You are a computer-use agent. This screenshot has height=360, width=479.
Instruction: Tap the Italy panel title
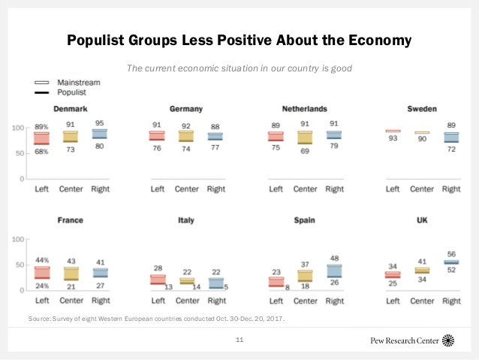pos(186,220)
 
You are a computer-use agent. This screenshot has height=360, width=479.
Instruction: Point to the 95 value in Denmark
pos(99,123)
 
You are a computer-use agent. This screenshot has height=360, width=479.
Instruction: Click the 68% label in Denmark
pos(42,151)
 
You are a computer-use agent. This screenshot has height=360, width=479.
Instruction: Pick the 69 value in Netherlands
pos(304,152)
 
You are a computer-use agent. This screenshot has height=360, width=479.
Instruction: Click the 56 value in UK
pos(450,254)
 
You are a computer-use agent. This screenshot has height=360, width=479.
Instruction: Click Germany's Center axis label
pos(187,189)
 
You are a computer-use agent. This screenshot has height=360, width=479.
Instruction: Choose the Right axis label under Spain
pos(334,301)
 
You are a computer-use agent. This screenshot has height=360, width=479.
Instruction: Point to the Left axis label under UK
pos(393,301)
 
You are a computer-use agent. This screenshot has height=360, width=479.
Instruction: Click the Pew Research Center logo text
pos(405,340)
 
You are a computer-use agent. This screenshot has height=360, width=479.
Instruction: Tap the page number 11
pos(239,340)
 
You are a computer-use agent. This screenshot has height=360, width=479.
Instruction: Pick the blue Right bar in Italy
pos(215,283)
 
